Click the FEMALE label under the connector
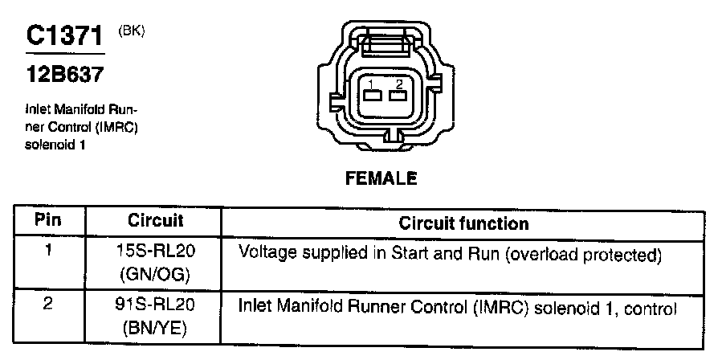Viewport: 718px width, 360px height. coord(381,178)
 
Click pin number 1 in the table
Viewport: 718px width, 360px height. coord(49,251)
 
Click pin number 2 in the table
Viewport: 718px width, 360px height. coord(49,306)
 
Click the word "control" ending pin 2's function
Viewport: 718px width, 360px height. coord(657,308)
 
